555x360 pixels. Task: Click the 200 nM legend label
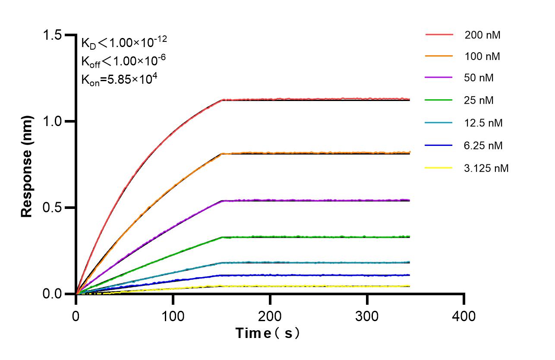click(482, 35)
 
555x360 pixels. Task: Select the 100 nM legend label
click(482, 56)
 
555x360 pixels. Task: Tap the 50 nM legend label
click(479, 78)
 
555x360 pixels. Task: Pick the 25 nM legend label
click(479, 101)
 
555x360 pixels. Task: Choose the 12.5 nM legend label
click(483, 123)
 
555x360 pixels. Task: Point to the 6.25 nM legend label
click(483, 145)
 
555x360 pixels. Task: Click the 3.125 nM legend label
click(486, 168)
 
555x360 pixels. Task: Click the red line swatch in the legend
click(439, 34)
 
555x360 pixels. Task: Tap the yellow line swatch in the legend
click(439, 167)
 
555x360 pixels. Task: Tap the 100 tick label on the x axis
click(173, 316)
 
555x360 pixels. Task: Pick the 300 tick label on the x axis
click(367, 316)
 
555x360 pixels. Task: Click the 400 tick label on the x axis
click(464, 316)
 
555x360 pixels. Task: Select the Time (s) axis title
click(268, 333)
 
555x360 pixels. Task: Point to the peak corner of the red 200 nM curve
click(222, 100)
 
